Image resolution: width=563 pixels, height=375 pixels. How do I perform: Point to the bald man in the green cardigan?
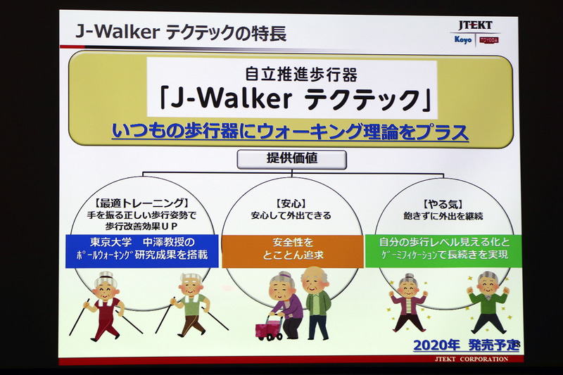(x=316, y=300)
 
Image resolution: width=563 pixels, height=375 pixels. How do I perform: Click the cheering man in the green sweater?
(x=488, y=302)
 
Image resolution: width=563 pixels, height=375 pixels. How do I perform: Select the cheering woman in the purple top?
(x=410, y=302)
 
